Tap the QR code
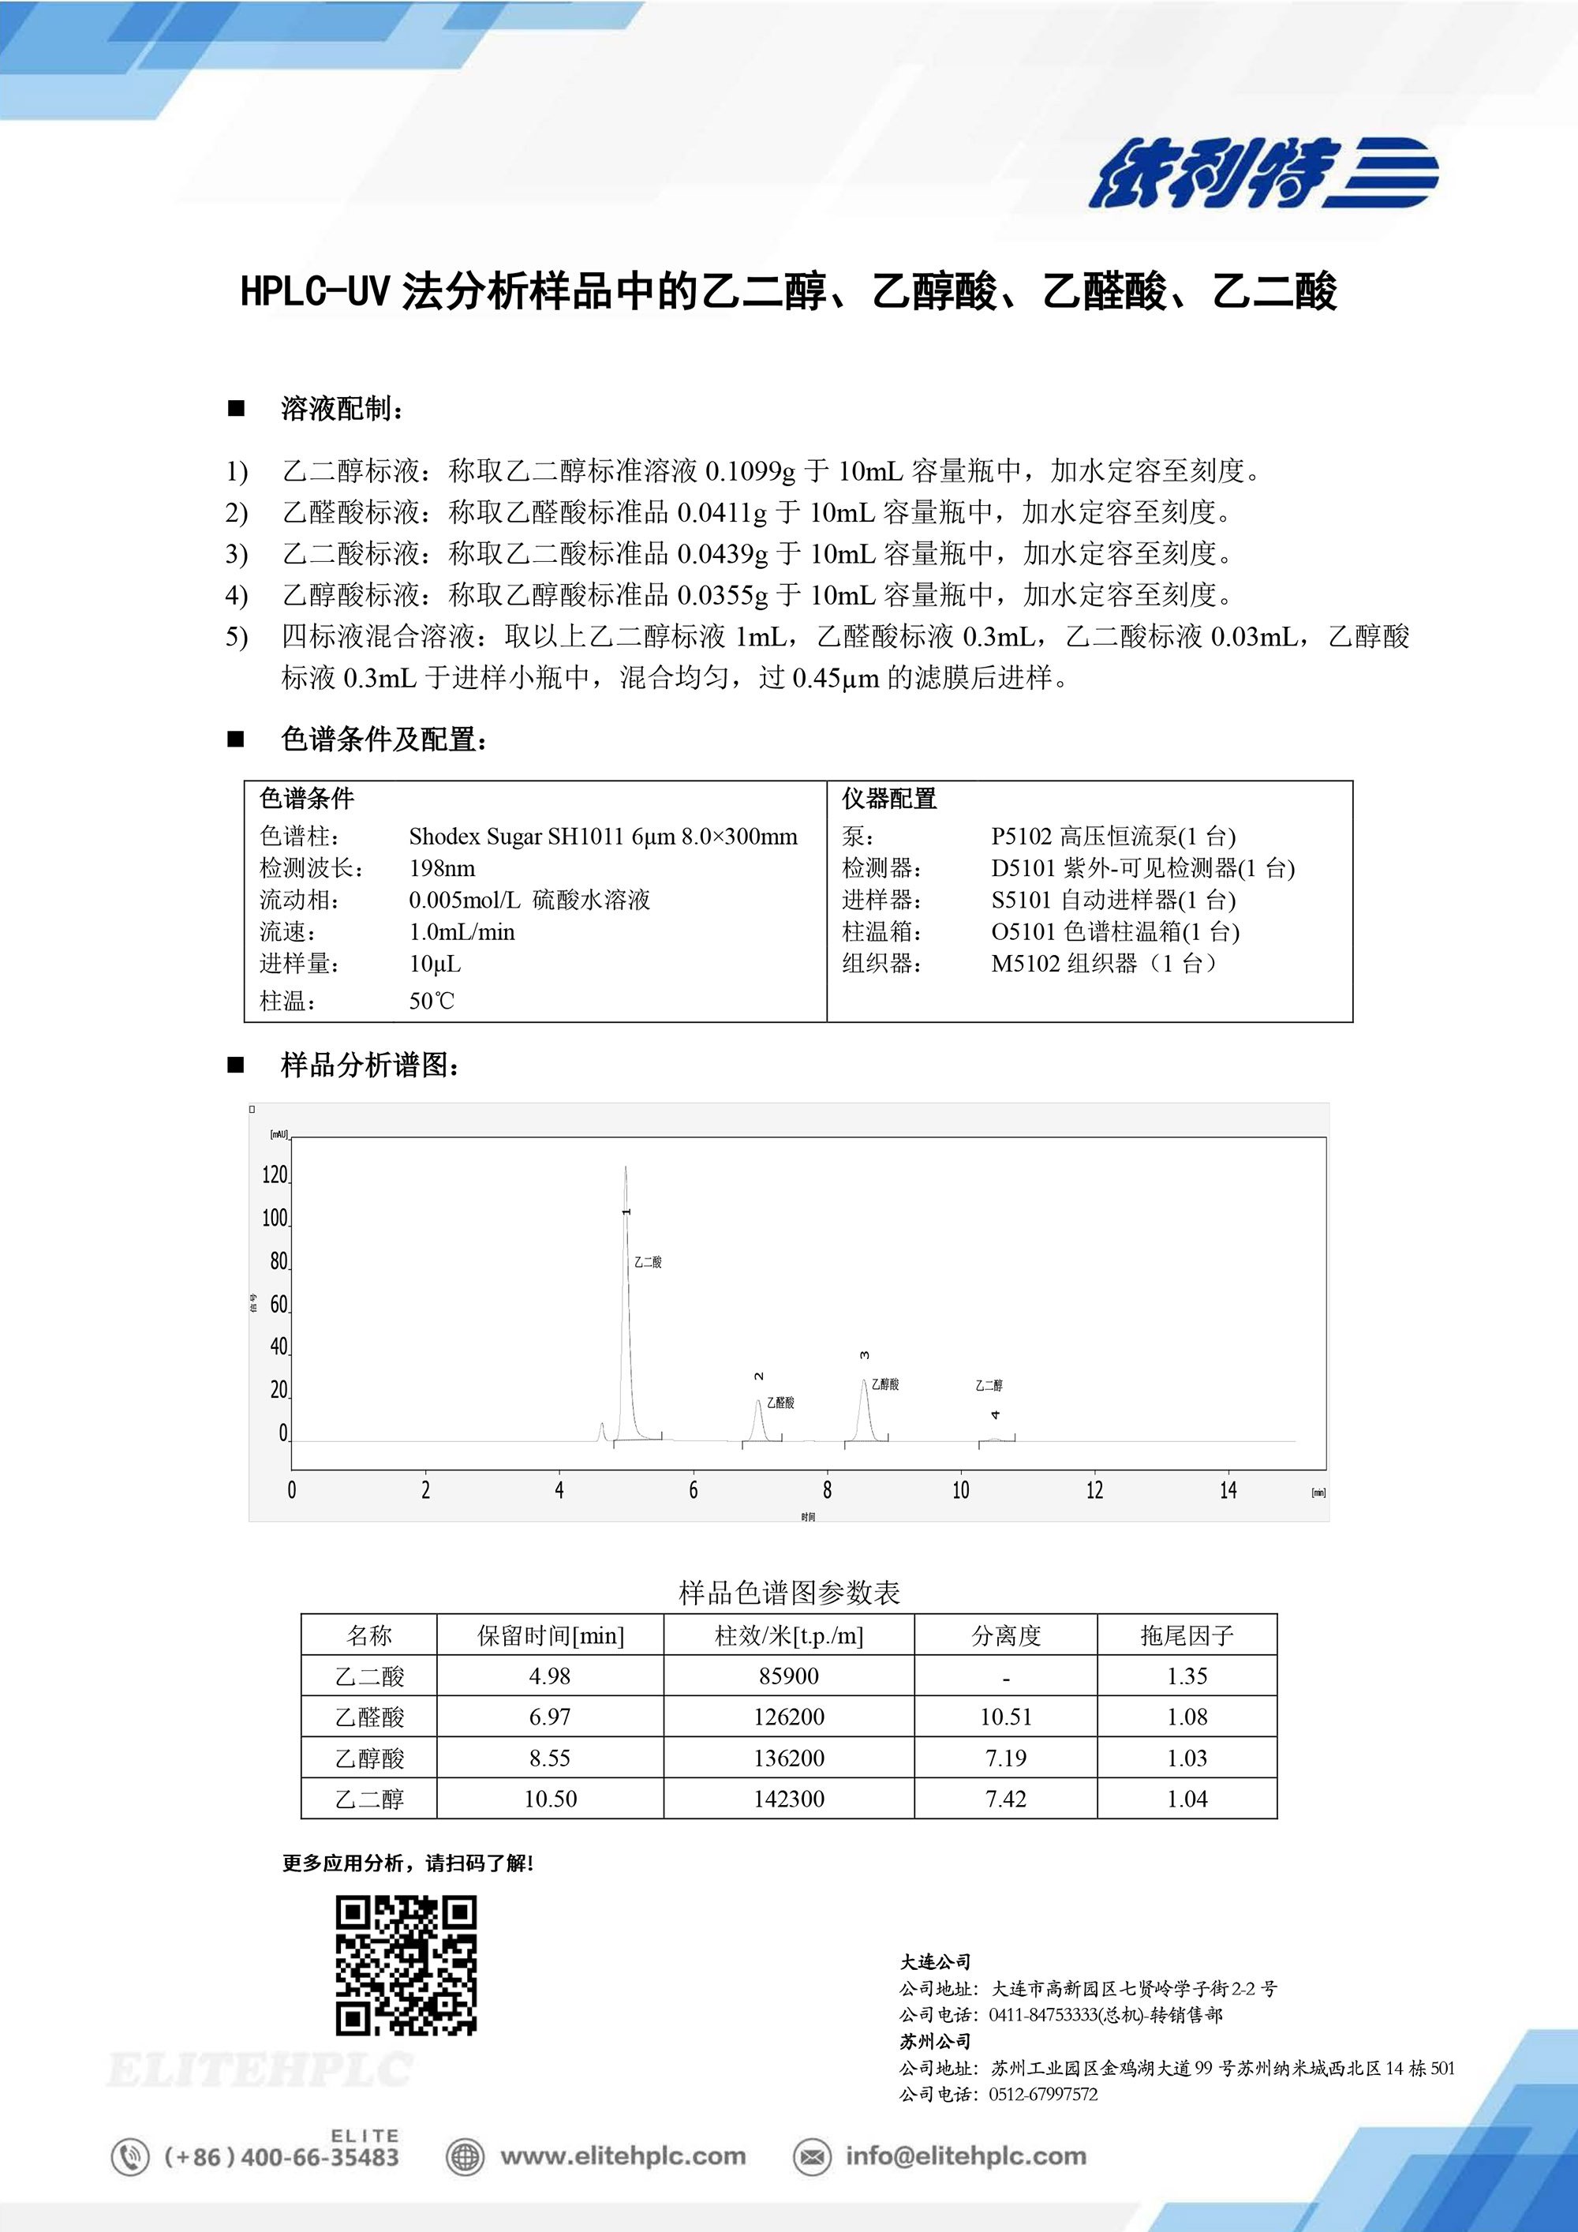406,1964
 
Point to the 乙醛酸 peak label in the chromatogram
780,1402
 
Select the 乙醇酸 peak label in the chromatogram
884,1384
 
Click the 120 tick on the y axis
275,1175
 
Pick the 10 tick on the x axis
960,1490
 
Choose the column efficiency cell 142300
788,1799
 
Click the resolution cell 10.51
1006,1717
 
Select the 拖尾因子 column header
1187,1636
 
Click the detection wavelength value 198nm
442,868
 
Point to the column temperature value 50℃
432,1002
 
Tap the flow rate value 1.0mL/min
462,932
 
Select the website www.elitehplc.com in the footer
622,2156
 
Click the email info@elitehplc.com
965,2156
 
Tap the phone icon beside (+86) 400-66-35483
130,2156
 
